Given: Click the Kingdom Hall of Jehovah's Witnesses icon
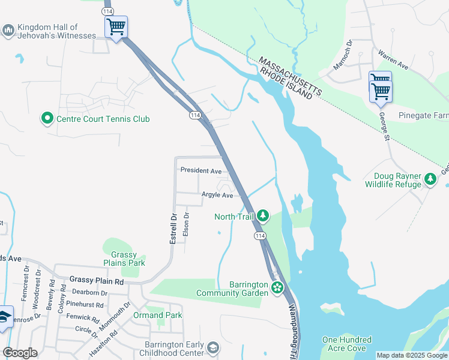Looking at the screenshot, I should point(8,31).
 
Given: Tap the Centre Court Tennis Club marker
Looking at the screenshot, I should point(47,118).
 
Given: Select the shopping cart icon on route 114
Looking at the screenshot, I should point(116,26).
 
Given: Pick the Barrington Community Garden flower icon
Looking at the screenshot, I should point(277,288).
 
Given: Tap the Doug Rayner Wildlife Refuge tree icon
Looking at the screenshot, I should point(430,179).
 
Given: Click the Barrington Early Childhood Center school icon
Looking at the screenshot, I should point(213,348).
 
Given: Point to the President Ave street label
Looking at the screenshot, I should point(201,170).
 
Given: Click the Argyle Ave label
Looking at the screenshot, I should point(217,195).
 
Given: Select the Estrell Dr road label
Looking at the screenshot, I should point(173,229).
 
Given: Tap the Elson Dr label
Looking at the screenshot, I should point(186,224).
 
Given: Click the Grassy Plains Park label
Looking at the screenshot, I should point(124,259).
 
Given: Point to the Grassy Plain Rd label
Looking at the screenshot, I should point(97,280).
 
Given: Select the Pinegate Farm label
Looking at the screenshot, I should point(423,115).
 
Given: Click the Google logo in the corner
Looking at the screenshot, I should point(20,353).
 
